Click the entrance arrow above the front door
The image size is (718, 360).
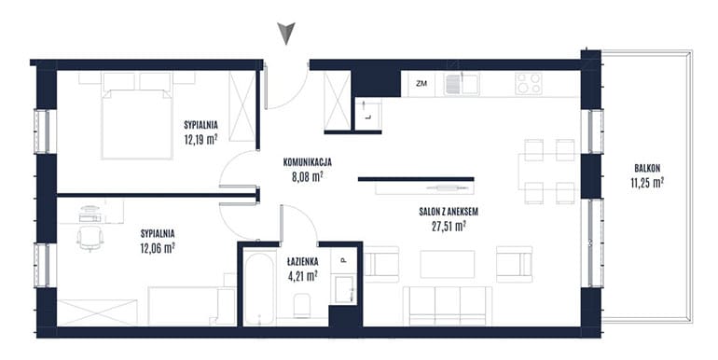286,34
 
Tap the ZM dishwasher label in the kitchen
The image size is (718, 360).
421,84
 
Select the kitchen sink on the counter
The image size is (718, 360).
462,83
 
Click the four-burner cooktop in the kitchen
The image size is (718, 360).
529,83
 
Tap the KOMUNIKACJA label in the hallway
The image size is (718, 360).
308,161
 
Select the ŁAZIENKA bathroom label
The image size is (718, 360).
303,262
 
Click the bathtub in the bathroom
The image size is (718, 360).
258,286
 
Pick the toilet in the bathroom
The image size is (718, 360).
302,306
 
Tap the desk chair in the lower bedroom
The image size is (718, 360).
90,239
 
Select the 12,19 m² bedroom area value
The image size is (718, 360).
200,139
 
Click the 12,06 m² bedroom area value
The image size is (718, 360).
158,248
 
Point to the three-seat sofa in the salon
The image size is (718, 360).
448,306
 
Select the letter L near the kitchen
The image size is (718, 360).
368,117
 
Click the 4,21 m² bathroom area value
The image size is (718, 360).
303,276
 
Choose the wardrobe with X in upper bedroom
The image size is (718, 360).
242,105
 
